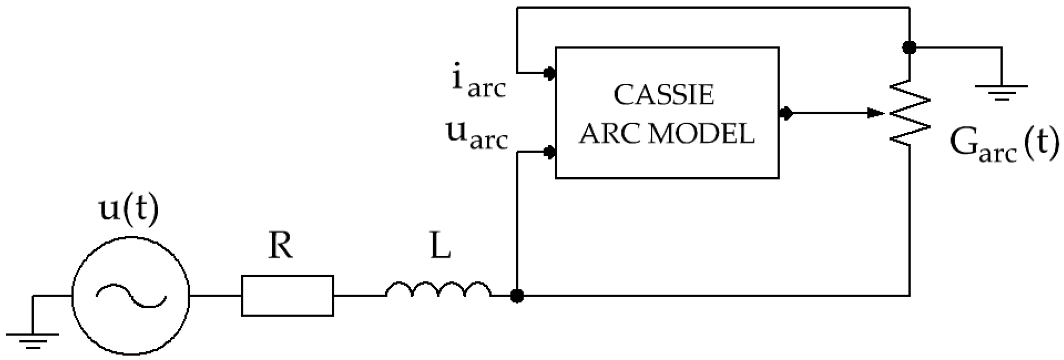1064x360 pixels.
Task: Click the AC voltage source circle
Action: click(130, 295)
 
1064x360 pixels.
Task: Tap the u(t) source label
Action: click(128, 210)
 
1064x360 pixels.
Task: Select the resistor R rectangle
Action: click(287, 295)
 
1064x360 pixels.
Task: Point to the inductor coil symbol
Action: click(438, 290)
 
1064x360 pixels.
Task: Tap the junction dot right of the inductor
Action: click(517, 295)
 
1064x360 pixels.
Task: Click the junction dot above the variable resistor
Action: click(909, 47)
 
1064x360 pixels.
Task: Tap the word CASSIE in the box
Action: click(664, 95)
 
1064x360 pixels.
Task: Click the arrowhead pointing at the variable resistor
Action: click(876, 113)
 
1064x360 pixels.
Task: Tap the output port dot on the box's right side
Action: click(786, 113)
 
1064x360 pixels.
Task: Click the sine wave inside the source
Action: click(130, 296)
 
